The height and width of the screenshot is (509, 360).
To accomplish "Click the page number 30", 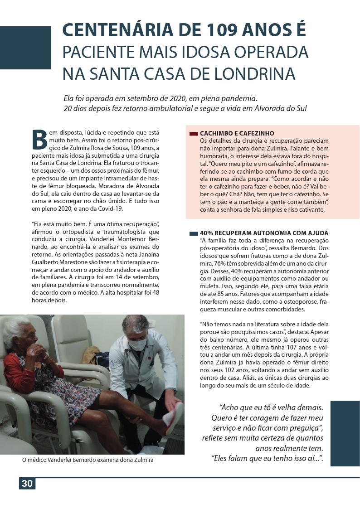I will [x=27, y=483].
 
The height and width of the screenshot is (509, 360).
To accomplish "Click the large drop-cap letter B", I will [x=39, y=139].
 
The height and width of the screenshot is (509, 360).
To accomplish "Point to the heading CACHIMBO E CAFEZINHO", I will [x=237, y=134].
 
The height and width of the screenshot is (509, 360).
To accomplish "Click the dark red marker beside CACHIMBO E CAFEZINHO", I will [x=194, y=134].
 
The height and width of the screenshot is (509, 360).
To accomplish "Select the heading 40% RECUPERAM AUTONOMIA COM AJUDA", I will [x=264, y=233].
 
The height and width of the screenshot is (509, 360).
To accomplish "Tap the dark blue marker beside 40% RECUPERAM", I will [x=194, y=233].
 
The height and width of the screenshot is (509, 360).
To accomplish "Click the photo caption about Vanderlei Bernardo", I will [x=88, y=460].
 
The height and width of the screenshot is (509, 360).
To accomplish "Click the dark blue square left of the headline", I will [x=25, y=48].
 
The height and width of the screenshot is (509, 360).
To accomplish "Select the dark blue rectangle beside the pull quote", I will [x=345, y=433].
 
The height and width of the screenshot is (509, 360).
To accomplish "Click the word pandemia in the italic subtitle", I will [x=240, y=98].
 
